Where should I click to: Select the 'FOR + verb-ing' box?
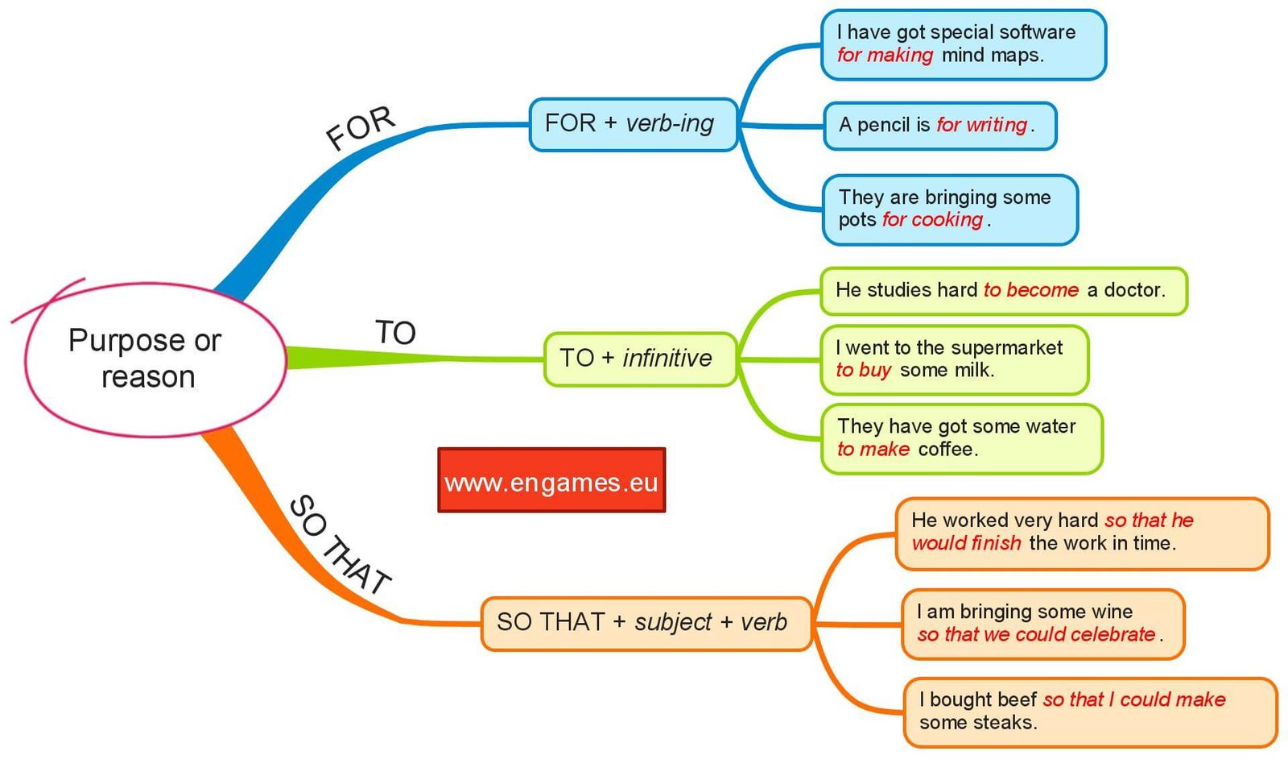pos(633,124)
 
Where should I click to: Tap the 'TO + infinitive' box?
pos(640,359)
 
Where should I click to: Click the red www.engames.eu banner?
pos(551,481)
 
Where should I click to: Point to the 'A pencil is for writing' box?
pos(939,126)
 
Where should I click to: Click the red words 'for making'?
pos(884,56)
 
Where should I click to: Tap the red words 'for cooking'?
pos(932,220)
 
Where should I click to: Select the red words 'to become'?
pos(1030,290)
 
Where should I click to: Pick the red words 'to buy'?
pos(863,371)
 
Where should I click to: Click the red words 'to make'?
pos(873,450)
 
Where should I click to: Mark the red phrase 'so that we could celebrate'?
pos(1036,635)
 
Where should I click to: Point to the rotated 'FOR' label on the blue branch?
pos(360,129)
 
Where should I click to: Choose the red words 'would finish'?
pos(966,544)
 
